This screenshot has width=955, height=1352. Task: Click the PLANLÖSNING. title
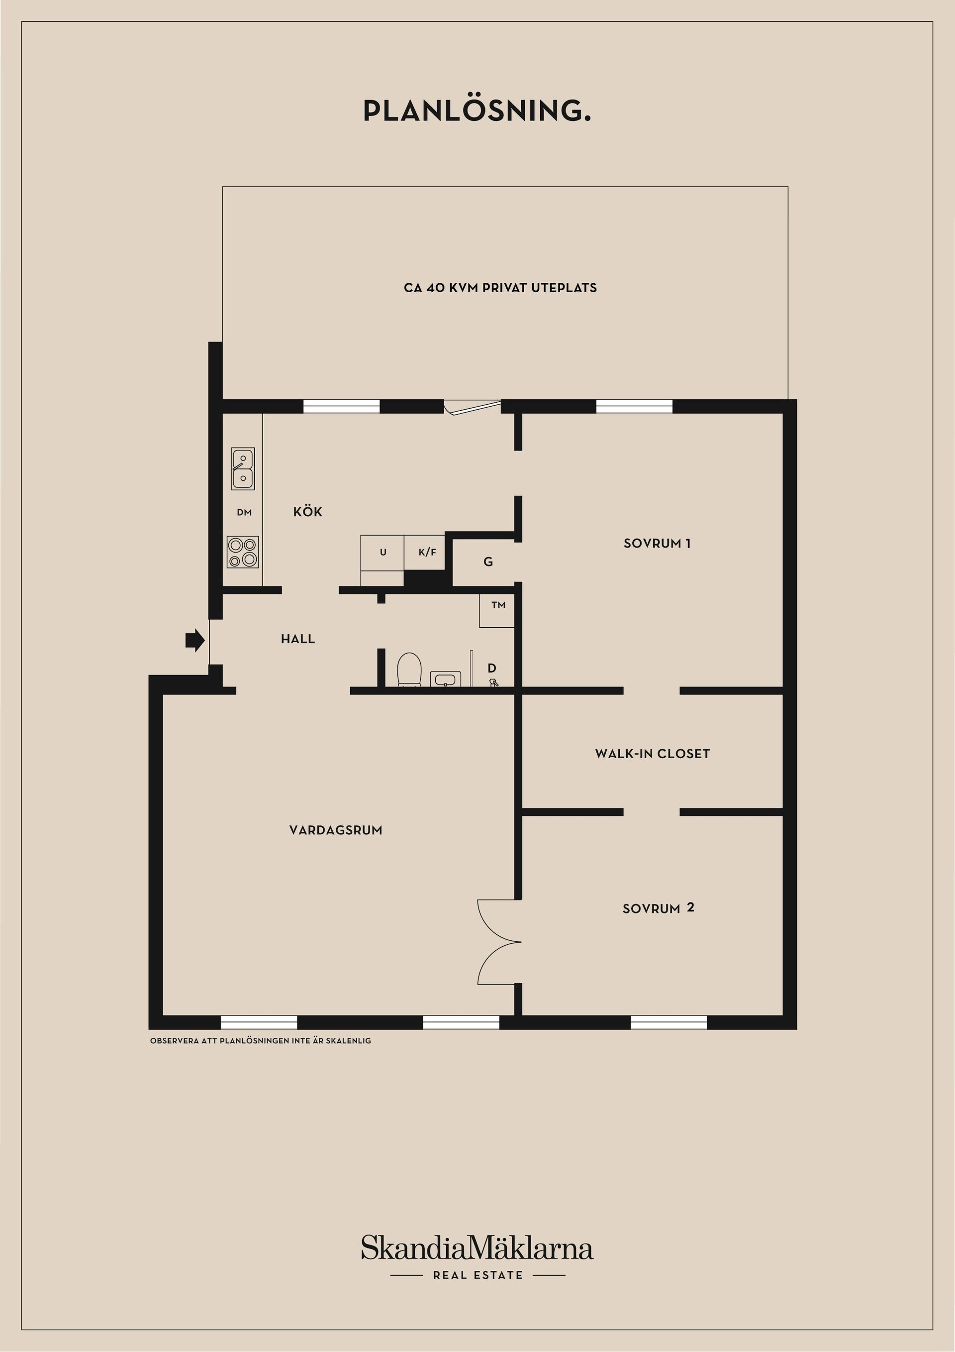click(477, 111)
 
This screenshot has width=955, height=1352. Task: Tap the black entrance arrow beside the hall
click(195, 640)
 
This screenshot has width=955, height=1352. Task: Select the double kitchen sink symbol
click(243, 469)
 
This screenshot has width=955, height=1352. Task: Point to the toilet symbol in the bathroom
click(409, 670)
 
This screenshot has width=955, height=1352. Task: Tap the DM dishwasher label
click(244, 512)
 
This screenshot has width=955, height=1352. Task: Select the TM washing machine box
click(497, 611)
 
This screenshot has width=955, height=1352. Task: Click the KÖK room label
click(308, 512)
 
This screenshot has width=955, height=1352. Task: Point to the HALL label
click(298, 639)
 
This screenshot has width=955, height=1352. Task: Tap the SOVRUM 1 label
click(657, 544)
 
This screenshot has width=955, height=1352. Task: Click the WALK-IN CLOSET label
click(653, 754)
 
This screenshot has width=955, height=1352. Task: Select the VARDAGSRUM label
click(336, 830)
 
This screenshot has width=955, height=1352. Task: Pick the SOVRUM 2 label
click(659, 908)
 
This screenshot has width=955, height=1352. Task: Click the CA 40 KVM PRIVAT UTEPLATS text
click(500, 288)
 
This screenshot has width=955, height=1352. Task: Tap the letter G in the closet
click(488, 562)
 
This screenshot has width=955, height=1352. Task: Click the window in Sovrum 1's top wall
click(634, 406)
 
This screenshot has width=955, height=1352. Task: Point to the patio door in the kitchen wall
click(473, 406)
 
